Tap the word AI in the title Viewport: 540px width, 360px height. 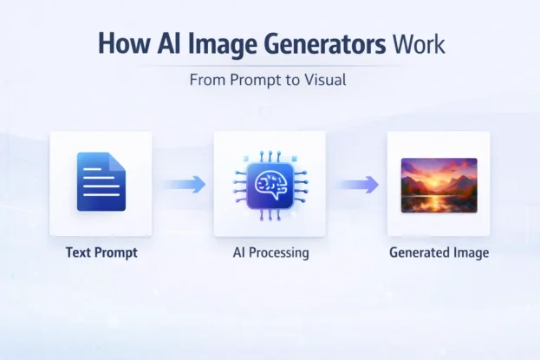[x=168, y=44]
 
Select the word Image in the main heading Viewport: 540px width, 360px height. [x=215, y=44]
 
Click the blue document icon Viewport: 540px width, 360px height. [x=101, y=182]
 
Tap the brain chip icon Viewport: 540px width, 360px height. [x=269, y=184]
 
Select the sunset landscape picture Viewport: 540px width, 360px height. [x=439, y=185]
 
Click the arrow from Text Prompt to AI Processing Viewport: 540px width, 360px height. [x=185, y=184]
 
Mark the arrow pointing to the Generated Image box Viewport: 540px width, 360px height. [x=357, y=184]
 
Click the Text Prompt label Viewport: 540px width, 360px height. [x=101, y=253]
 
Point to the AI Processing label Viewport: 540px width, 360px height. [x=270, y=253]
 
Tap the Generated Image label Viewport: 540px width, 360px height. [x=439, y=253]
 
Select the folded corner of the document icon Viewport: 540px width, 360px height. [x=119, y=160]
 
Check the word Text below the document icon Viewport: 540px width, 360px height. [x=80, y=253]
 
